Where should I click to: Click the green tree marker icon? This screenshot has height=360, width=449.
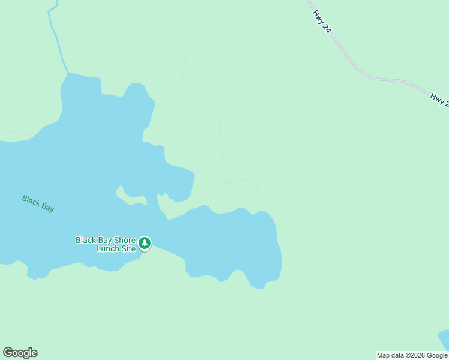pyautogui.click(x=145, y=243)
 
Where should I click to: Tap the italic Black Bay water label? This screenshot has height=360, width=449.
pyautogui.click(x=38, y=203)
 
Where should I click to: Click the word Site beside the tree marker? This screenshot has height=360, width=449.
pyautogui.click(x=129, y=248)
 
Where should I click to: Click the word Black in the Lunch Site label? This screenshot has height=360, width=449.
pyautogui.click(x=86, y=240)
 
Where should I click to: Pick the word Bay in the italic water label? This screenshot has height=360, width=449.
pyautogui.click(x=47, y=206)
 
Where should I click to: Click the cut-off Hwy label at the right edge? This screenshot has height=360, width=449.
pyautogui.click(x=439, y=99)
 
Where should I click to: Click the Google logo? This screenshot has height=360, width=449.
pyautogui.click(x=20, y=353)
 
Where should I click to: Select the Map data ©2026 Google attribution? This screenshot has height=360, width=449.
pyautogui.click(x=412, y=355)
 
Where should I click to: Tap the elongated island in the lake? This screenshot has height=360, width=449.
pyautogui.click(x=130, y=196)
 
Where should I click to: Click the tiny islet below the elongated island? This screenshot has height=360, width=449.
pyautogui.click(x=133, y=210)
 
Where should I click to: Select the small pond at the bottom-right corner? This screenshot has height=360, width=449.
pyautogui.click(x=444, y=339)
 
